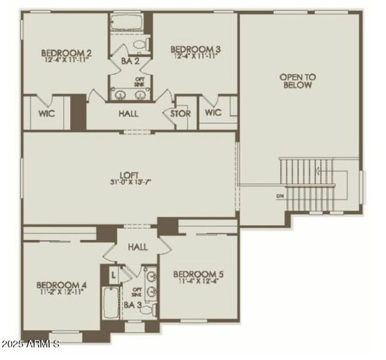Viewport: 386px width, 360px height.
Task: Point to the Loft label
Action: pyautogui.click(x=130, y=175)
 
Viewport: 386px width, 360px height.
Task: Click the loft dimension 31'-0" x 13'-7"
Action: pyautogui.click(x=130, y=182)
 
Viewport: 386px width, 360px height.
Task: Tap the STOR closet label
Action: pyautogui.click(x=180, y=114)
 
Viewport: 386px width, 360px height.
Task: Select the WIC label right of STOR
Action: pyautogui.click(x=213, y=113)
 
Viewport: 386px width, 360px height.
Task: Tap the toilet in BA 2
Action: pyautogui.click(x=140, y=46)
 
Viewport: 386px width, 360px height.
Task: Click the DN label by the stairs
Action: pyautogui.click(x=280, y=196)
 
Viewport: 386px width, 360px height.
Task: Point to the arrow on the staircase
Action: pyautogui.click(x=317, y=170)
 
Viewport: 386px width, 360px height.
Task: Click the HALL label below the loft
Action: pyautogui.click(x=138, y=247)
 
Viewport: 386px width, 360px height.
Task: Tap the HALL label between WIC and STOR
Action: pyautogui.click(x=128, y=114)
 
